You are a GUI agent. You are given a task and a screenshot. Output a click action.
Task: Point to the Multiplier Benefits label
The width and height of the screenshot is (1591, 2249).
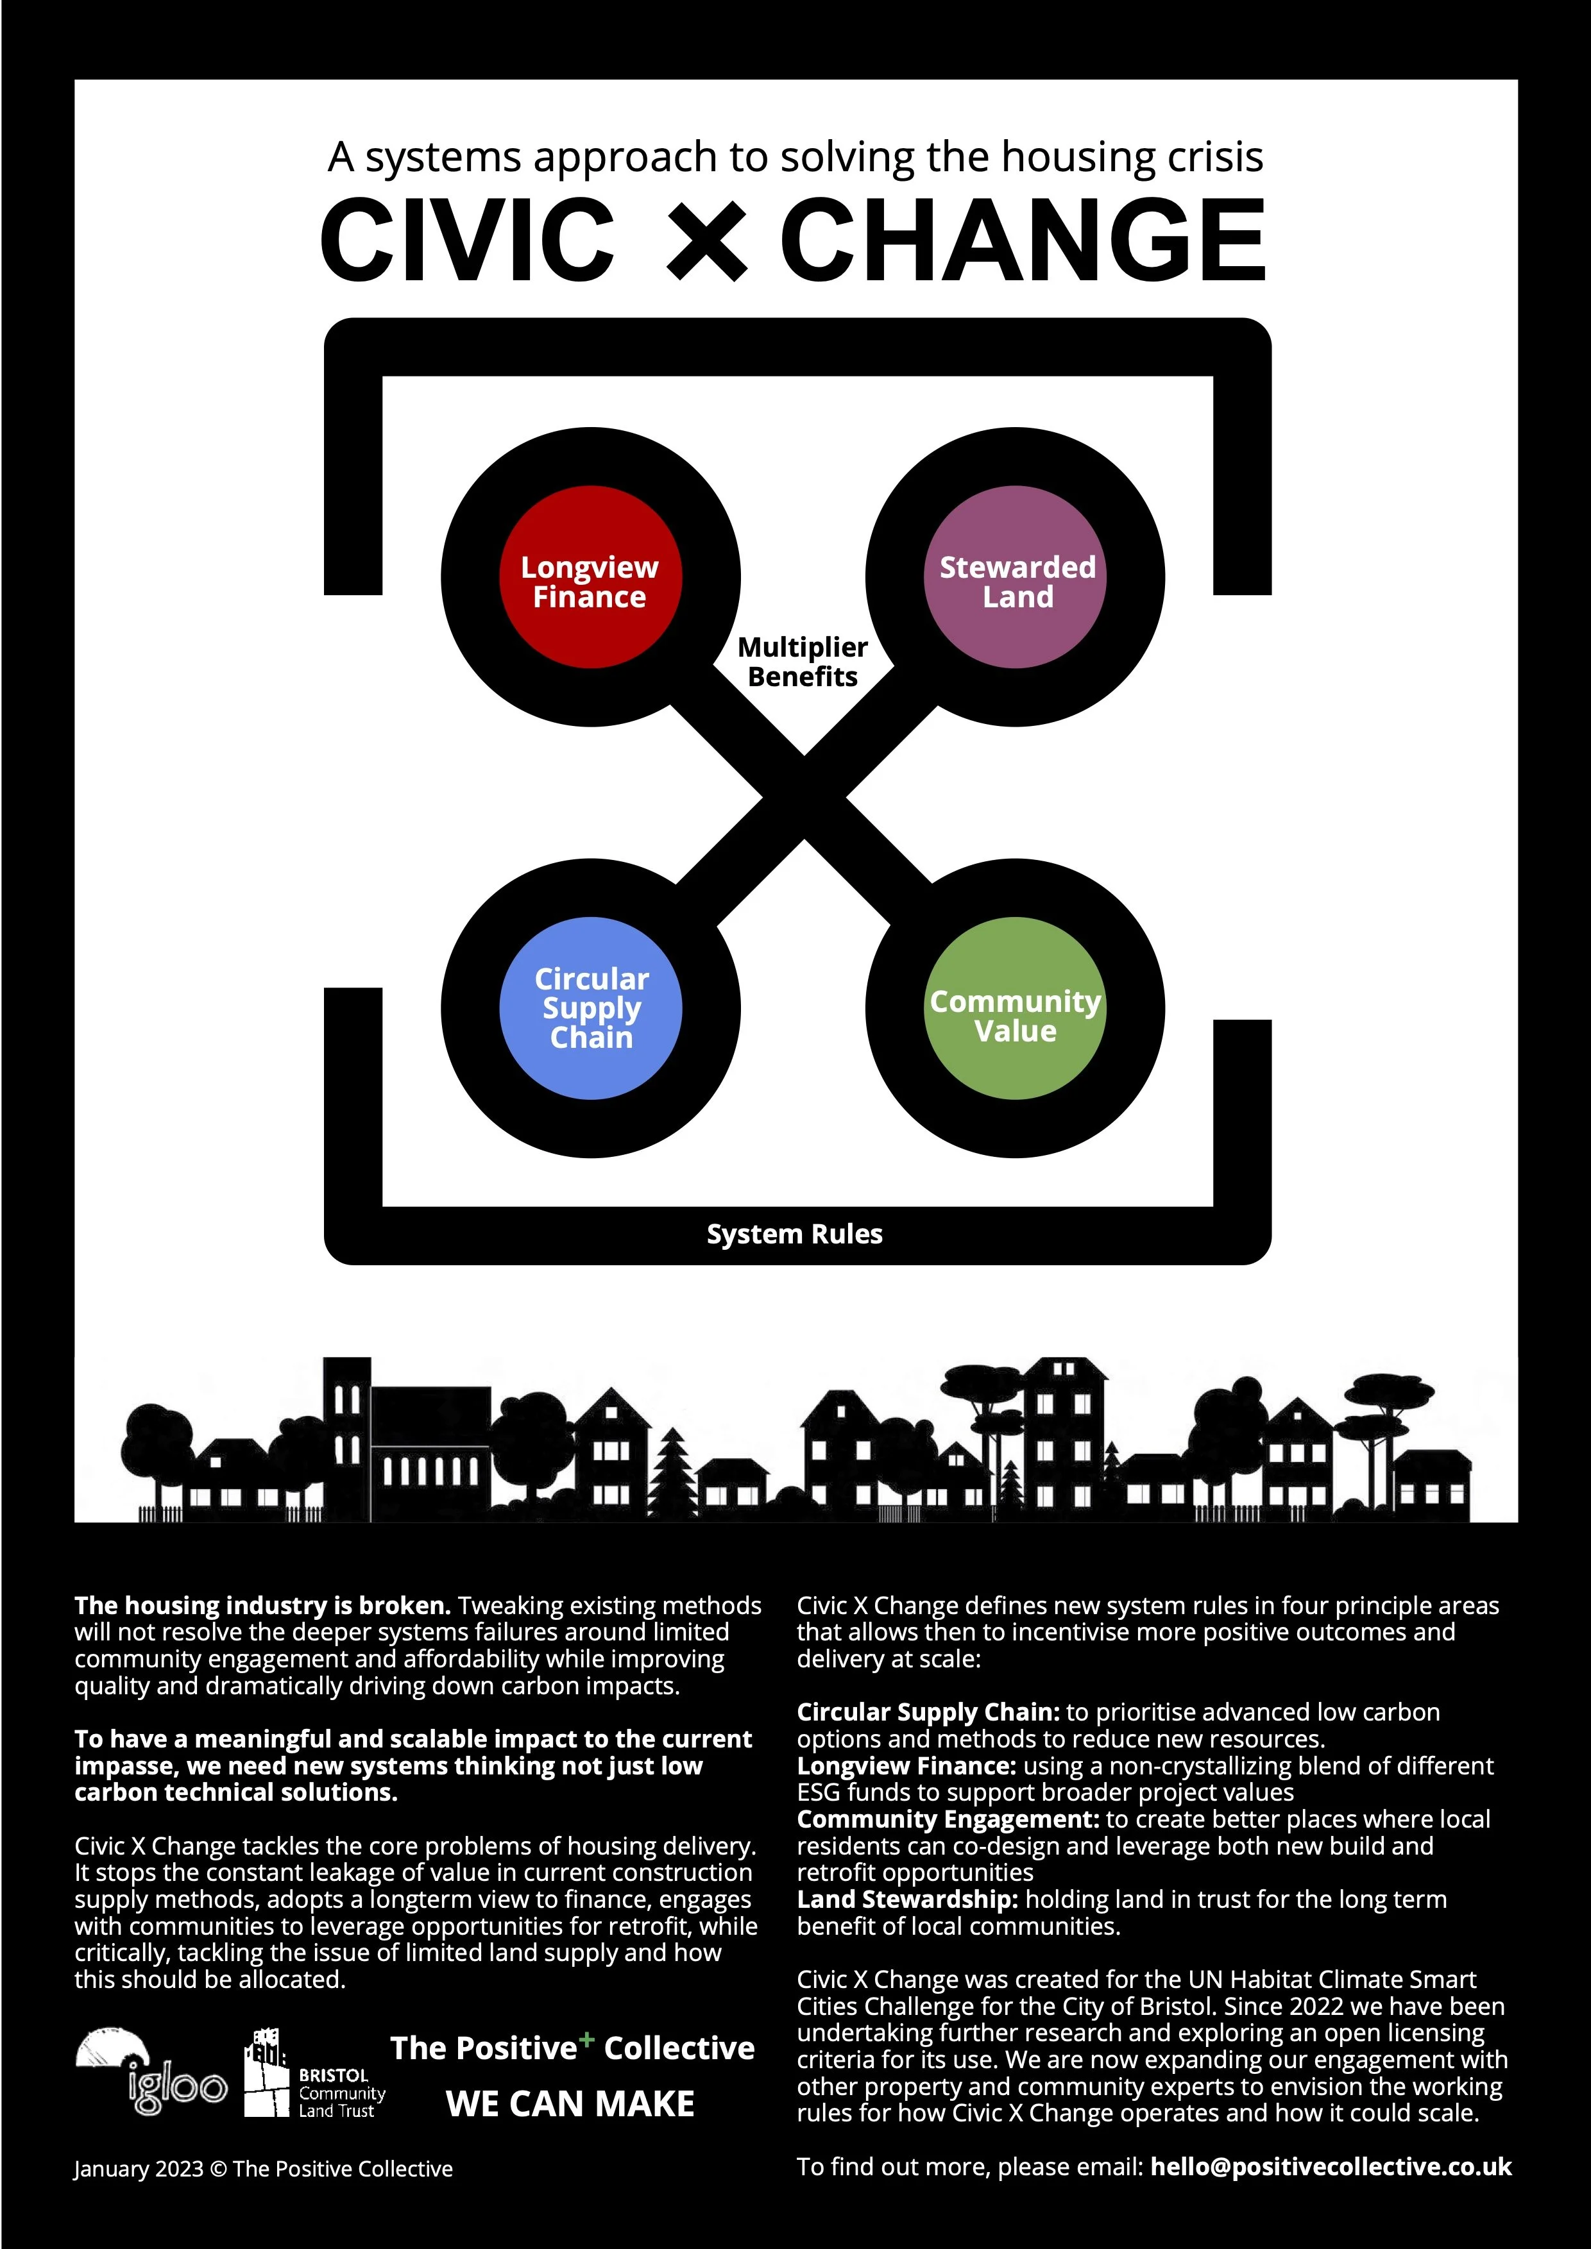pyautogui.click(x=803, y=662)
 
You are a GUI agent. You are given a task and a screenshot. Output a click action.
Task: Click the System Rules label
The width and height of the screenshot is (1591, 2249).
pyautogui.click(x=794, y=1234)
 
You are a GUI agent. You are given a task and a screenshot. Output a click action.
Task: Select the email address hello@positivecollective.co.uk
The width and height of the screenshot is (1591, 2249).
pyautogui.click(x=1331, y=2167)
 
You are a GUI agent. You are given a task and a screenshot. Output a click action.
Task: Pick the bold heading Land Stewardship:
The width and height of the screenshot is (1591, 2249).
pyautogui.click(x=907, y=1899)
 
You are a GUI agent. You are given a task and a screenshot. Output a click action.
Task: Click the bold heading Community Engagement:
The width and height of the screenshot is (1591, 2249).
pyautogui.click(x=948, y=1819)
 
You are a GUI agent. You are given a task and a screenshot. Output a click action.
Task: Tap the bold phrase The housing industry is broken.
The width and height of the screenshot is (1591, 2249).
pyautogui.click(x=262, y=1605)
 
